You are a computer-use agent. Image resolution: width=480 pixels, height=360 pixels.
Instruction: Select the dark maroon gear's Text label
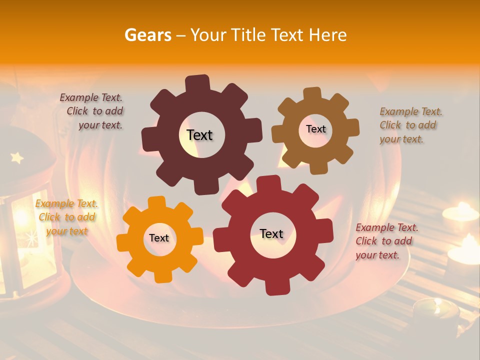(x=199, y=135)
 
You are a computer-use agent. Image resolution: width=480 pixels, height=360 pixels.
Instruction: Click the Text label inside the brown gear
(x=315, y=129)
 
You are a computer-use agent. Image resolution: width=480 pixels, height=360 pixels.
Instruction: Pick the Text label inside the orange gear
(x=159, y=238)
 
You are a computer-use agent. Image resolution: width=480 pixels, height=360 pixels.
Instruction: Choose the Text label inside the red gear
(x=271, y=233)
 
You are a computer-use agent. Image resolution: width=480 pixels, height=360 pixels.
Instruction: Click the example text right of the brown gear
(x=410, y=125)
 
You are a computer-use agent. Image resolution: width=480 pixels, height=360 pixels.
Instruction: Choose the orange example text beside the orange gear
(x=66, y=217)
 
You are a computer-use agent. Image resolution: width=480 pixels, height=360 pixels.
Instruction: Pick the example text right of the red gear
(x=386, y=241)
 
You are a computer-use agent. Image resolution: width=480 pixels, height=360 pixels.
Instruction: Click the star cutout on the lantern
(x=17, y=158)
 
